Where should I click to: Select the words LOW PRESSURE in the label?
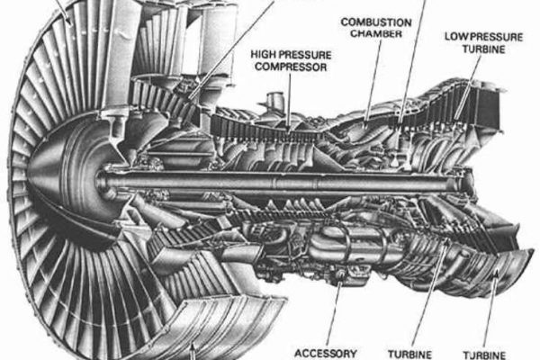[x=481, y=36]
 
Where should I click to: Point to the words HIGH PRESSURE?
[x=291, y=54]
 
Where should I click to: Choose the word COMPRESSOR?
[x=292, y=67]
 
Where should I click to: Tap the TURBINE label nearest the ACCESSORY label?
[x=409, y=353]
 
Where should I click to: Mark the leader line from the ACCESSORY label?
[x=333, y=315]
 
